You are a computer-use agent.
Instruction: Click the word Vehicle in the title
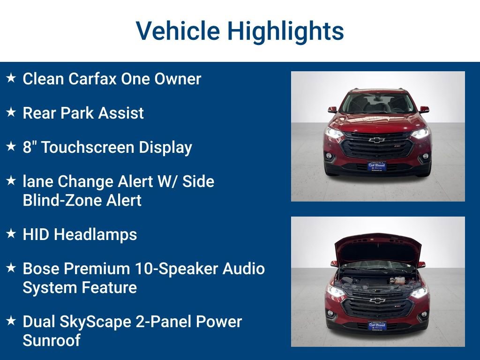click(x=178, y=31)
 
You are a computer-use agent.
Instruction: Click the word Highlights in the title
click(x=285, y=31)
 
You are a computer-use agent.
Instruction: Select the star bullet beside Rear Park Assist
click(x=11, y=112)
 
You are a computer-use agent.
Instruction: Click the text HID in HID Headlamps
click(x=36, y=234)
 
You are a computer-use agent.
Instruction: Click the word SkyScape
click(x=97, y=322)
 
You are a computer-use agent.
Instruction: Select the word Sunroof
click(x=51, y=340)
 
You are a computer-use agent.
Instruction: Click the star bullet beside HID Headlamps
click(x=11, y=234)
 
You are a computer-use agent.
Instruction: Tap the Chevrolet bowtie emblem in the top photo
click(x=377, y=140)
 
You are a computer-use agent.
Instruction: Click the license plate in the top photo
click(x=377, y=166)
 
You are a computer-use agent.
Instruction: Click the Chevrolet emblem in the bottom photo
click(x=377, y=300)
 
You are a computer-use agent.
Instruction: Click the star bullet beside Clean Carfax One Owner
click(x=11, y=78)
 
